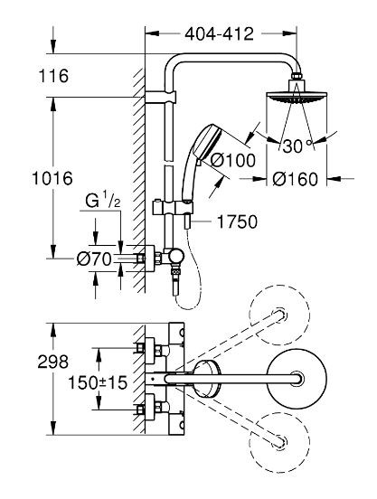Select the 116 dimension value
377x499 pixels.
click(54, 78)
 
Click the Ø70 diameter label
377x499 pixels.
click(95, 259)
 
